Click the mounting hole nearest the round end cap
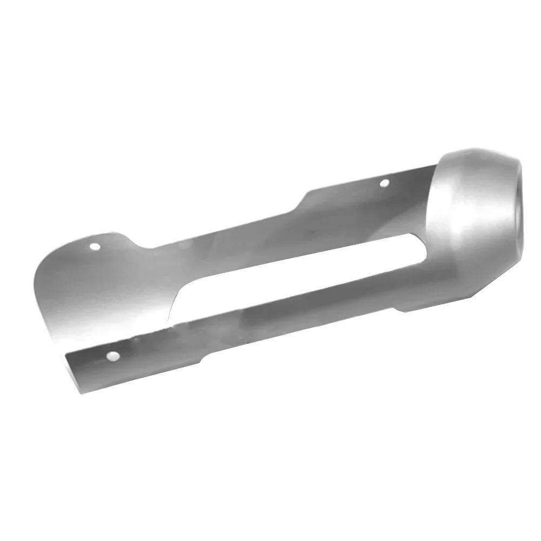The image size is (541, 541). (384, 183)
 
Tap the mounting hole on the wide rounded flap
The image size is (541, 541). (96, 247)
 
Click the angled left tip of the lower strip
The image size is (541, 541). (69, 357)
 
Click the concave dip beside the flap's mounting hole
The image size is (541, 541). (142, 246)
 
